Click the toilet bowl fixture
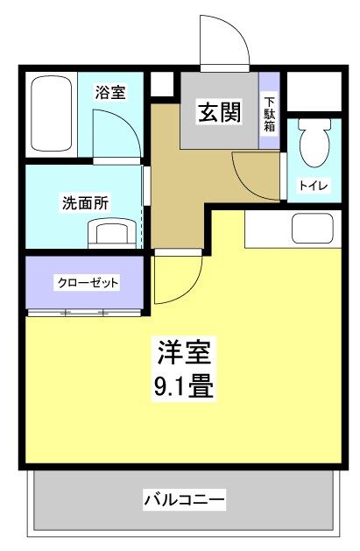coord(313,139)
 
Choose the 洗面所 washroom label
coord(85,202)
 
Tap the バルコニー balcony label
coord(185,500)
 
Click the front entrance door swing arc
coord(223,39)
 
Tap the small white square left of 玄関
coord(162,84)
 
